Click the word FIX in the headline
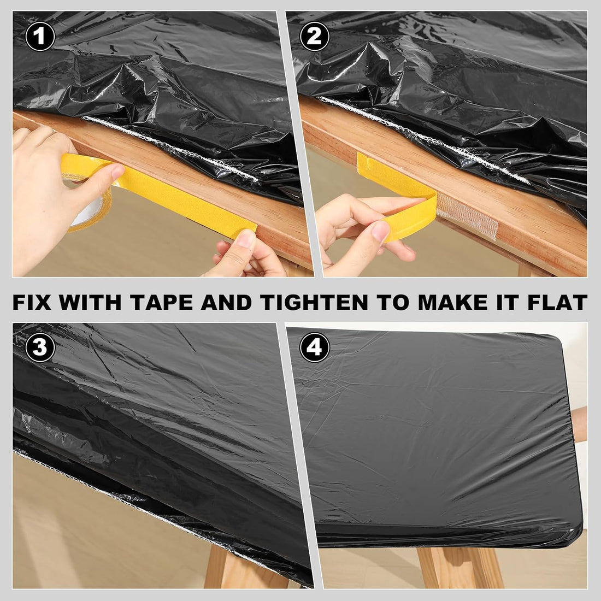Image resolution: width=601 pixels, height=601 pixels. [34, 302]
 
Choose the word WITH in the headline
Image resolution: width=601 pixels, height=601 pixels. [91, 302]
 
